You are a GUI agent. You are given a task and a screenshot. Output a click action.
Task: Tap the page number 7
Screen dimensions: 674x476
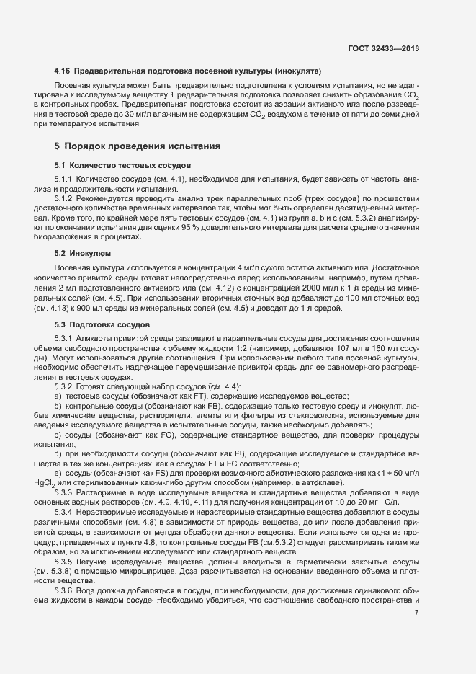(x=417, y=612)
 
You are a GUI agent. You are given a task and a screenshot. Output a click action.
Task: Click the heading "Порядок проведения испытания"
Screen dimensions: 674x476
(x=143, y=146)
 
